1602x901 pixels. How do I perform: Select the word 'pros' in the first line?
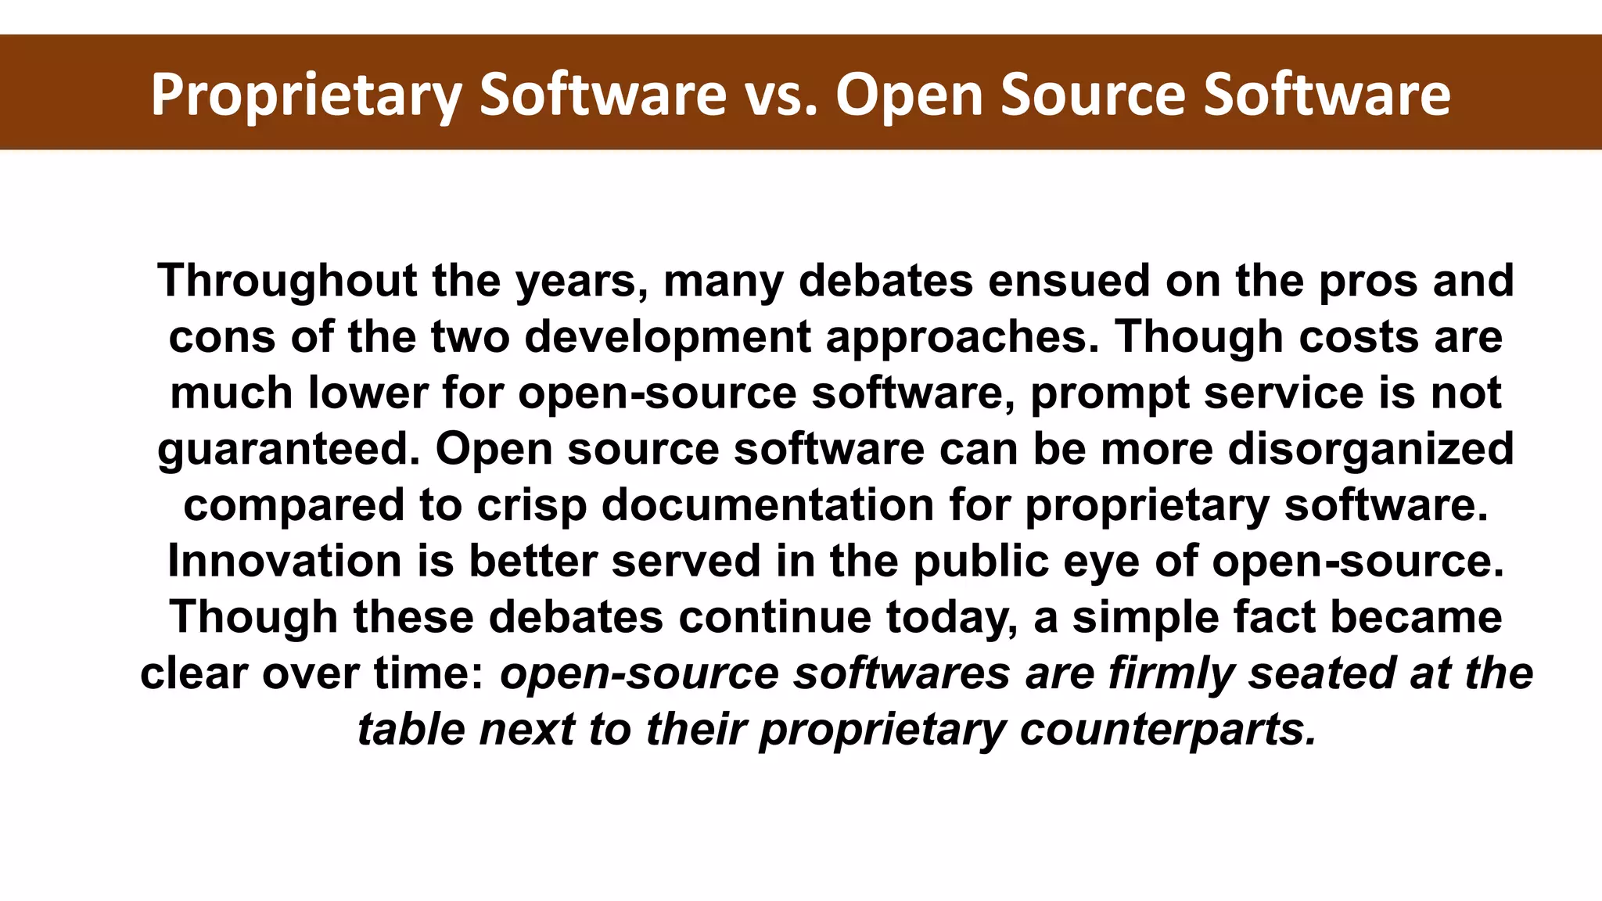click(x=1368, y=282)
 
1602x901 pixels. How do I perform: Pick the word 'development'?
click(x=667, y=337)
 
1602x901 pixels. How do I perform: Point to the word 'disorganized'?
click(x=1371, y=449)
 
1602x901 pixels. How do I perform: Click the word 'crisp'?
click(x=531, y=505)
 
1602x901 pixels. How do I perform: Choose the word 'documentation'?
click(x=767, y=504)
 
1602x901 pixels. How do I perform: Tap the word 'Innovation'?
click(x=285, y=561)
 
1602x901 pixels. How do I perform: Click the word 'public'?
click(x=980, y=561)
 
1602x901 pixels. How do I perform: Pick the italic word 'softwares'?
click(x=901, y=673)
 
